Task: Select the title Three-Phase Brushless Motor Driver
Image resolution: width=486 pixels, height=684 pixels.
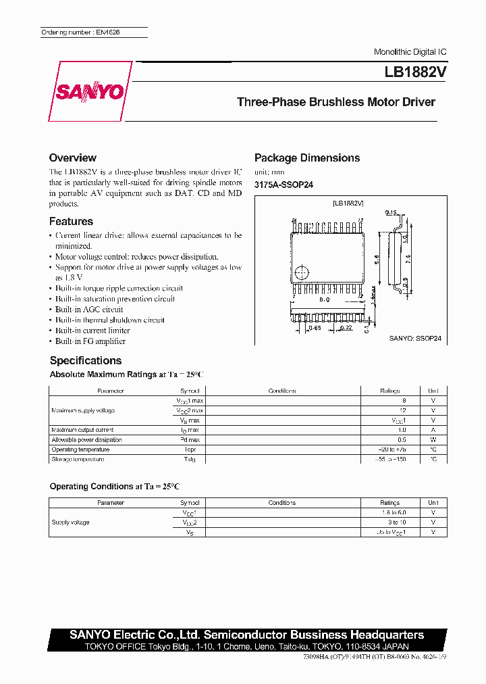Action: point(335,102)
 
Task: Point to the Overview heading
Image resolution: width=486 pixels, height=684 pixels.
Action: point(72,157)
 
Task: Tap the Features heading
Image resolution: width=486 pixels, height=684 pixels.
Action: point(71,221)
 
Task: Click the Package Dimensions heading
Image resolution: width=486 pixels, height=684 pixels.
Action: point(306,157)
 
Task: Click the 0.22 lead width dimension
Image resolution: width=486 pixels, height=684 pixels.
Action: point(346,328)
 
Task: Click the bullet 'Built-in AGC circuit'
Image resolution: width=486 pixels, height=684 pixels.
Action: point(89,309)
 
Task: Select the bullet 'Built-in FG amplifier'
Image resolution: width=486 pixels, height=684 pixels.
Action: point(90,341)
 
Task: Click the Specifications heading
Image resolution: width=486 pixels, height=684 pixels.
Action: point(86,360)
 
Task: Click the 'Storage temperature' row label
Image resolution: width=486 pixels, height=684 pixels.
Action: point(78,459)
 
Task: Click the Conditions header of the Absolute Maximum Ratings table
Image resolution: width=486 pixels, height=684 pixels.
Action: point(282,391)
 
